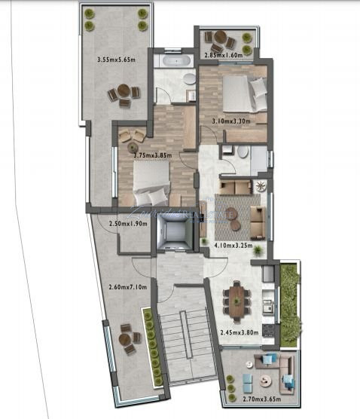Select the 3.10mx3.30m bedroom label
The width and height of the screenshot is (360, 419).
231,121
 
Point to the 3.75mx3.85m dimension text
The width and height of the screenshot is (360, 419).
153,156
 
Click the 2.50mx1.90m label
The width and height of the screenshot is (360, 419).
128,225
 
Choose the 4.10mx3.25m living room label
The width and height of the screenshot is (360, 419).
234,245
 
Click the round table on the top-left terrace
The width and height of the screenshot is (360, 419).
124,93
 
